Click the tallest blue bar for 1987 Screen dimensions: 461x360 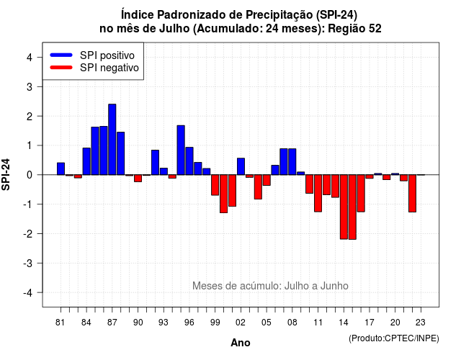tap(112, 139)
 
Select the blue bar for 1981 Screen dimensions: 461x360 tap(61, 168)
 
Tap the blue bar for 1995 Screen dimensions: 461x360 tap(181, 150)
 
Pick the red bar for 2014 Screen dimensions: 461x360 tap(344, 207)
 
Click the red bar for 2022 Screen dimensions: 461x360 tap(412, 194)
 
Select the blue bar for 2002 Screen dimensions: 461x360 tap(241, 166)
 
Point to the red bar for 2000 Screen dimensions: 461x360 tap(223, 194)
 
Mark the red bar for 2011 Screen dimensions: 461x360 tap(318, 193)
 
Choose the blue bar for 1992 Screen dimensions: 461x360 tap(155, 163)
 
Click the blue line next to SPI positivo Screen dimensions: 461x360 tap(61, 55)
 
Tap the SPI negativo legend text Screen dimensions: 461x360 tap(109, 68)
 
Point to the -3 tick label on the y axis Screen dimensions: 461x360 tap(28, 263)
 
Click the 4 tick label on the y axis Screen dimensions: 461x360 tap(30, 57)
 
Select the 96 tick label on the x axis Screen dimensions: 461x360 tap(189, 323)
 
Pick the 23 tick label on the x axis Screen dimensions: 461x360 tap(421, 323)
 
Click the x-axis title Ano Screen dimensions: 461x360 tap(241, 343)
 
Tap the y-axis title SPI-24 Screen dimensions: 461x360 tap(6, 174)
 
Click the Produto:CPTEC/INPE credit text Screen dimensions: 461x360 tap(394, 338)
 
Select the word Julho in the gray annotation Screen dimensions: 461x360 tap(297, 286)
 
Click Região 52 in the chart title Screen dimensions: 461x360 tap(354, 29)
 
